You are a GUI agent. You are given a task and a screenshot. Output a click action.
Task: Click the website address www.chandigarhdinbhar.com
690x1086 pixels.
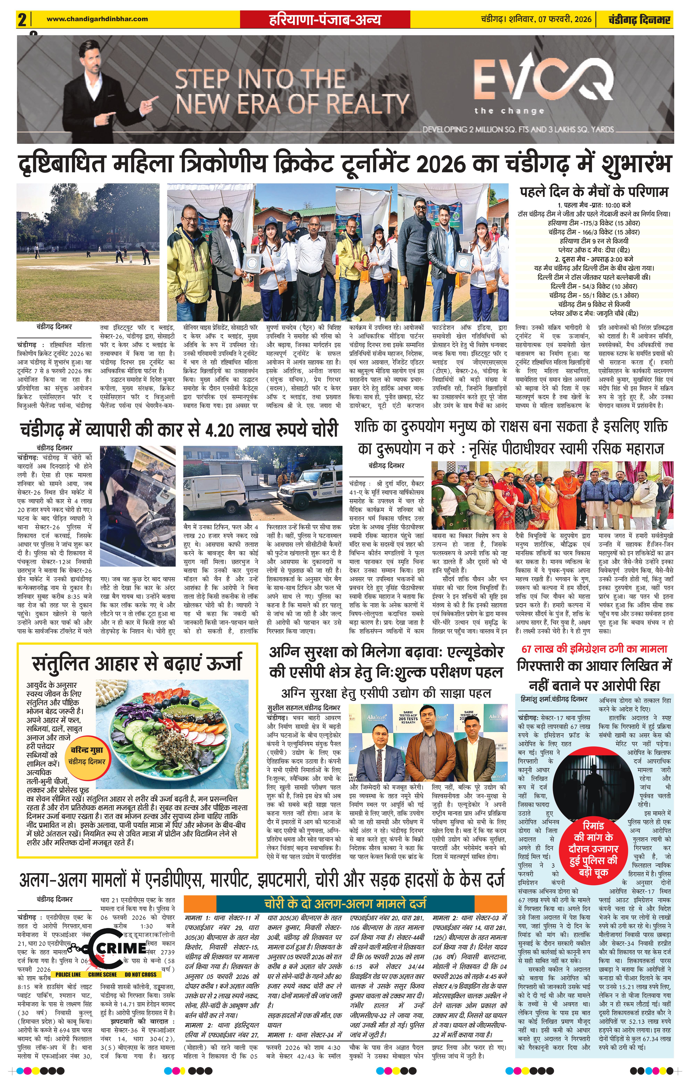coord(97,19)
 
